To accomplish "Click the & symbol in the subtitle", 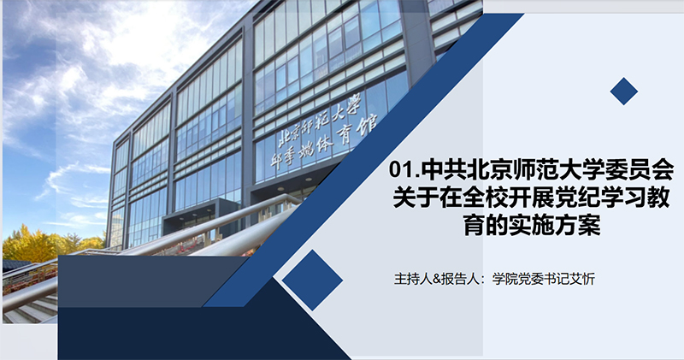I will tap(433, 279).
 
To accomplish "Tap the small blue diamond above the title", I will tap(624, 91).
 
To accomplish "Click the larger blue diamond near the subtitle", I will tap(312, 280).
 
